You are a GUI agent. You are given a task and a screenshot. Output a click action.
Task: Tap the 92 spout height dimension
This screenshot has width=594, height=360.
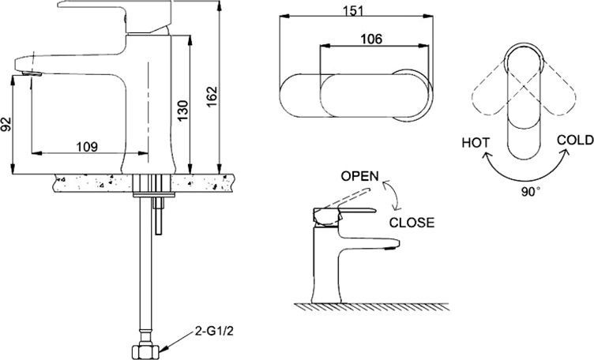pyautogui.click(x=8, y=126)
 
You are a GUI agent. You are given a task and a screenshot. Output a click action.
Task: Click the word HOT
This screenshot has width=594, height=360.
pyautogui.click(x=476, y=143)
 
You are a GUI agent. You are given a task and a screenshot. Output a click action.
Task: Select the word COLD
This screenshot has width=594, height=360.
pyautogui.click(x=575, y=140)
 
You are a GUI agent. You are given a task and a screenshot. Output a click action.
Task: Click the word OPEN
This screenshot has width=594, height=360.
pyautogui.click(x=360, y=175)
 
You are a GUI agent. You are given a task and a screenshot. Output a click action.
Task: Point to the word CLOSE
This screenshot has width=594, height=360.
pyautogui.click(x=412, y=223)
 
